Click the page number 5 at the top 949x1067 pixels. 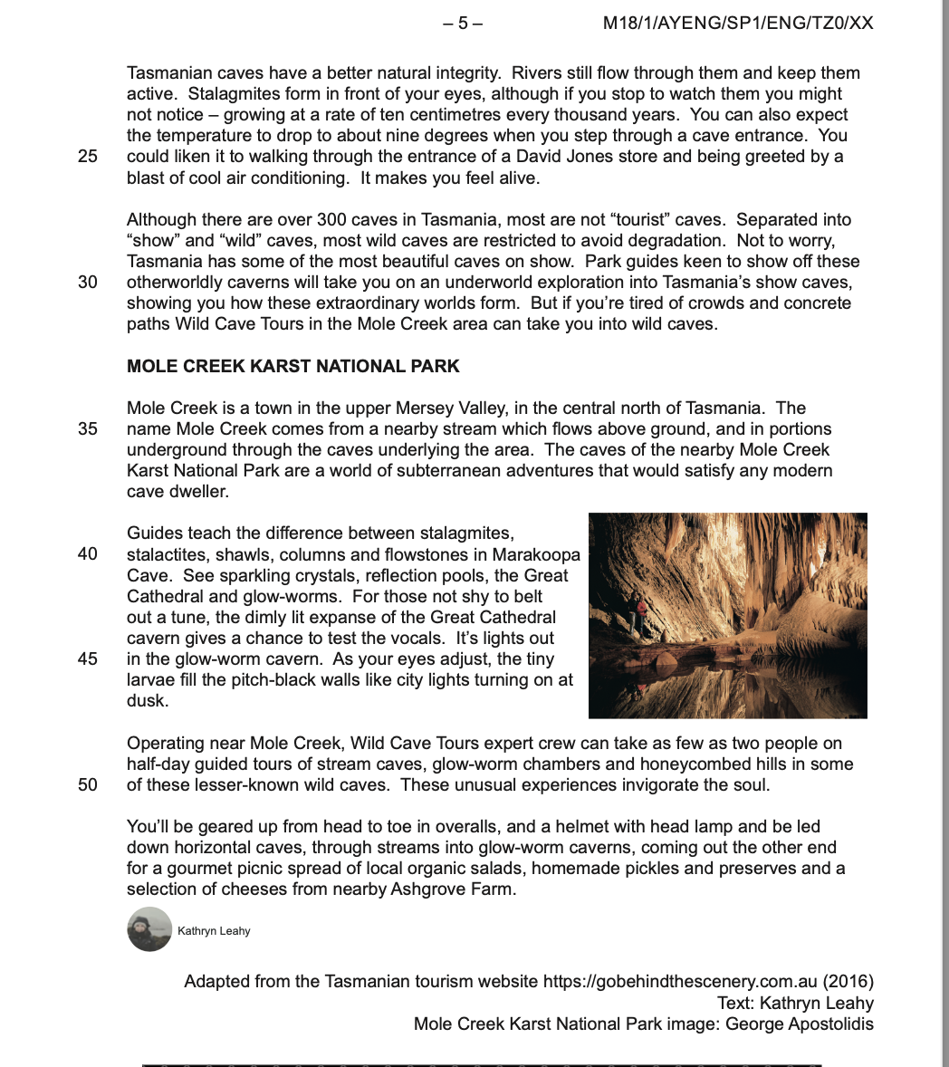point(463,24)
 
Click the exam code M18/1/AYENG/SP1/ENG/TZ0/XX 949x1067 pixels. point(738,24)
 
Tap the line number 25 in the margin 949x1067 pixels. point(88,157)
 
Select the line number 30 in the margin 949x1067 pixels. point(88,282)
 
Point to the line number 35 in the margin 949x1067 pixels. point(88,429)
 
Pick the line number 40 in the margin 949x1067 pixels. point(88,554)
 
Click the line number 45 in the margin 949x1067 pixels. point(88,659)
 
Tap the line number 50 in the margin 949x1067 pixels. point(88,785)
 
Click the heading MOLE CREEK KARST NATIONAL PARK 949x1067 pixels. point(293,367)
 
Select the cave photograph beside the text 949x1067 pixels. point(727,616)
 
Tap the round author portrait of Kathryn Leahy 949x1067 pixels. point(149,929)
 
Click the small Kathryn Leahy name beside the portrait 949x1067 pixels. point(214,931)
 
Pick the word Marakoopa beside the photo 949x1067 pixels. point(536,554)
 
